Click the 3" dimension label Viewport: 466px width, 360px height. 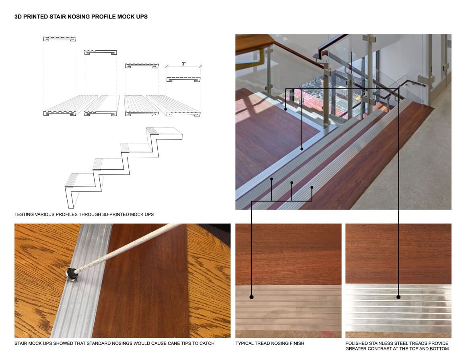click(184, 64)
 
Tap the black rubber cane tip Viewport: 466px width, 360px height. click(72, 274)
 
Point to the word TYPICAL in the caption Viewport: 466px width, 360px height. click(245, 344)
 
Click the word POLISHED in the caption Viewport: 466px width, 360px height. click(356, 344)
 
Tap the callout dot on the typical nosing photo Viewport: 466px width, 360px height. click(252, 297)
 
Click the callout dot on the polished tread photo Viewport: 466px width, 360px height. click(398, 297)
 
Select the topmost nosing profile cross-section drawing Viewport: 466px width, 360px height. click(60, 39)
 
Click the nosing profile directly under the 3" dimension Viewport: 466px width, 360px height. click(184, 79)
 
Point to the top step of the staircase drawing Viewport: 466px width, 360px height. click(164, 133)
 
